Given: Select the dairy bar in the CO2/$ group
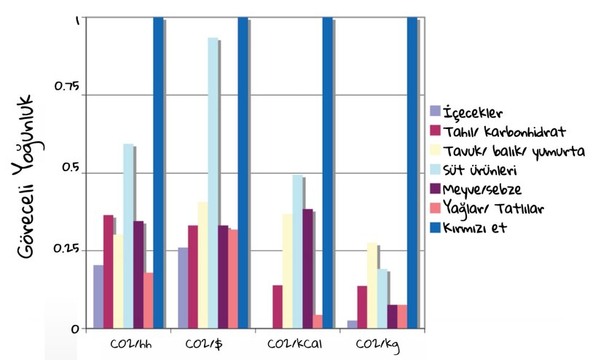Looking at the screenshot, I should [x=213, y=183].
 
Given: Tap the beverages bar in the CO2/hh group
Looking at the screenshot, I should [x=98, y=297].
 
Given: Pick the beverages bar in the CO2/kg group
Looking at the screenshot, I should [x=352, y=324].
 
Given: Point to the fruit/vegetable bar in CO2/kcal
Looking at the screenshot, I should [x=307, y=269].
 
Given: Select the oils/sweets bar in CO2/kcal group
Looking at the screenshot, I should [x=318, y=321].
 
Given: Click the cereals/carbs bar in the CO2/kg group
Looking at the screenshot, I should [x=362, y=307].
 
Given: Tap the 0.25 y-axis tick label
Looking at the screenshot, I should [x=67, y=249].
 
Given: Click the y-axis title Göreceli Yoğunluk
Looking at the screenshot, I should [x=28, y=175].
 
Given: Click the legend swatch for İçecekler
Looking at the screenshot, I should [x=436, y=111].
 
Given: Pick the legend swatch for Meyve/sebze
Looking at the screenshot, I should [x=436, y=189].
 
